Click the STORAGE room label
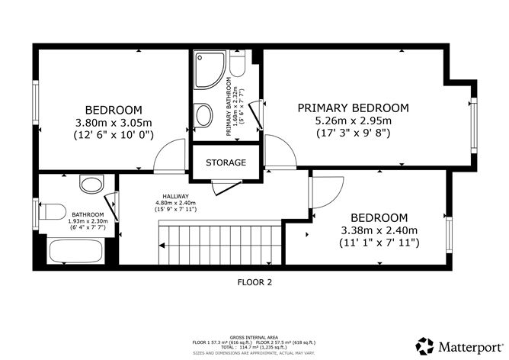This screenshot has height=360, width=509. tap(226, 162)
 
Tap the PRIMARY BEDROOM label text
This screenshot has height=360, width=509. tap(353, 108)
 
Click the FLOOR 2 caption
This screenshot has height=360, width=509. tap(254, 281)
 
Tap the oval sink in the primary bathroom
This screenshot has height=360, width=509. tap(205, 116)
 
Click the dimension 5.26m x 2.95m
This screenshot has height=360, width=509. tap(353, 120)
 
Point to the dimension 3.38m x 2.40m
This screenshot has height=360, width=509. tap(379, 230)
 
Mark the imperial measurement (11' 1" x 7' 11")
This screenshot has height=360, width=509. tap(379, 243)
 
